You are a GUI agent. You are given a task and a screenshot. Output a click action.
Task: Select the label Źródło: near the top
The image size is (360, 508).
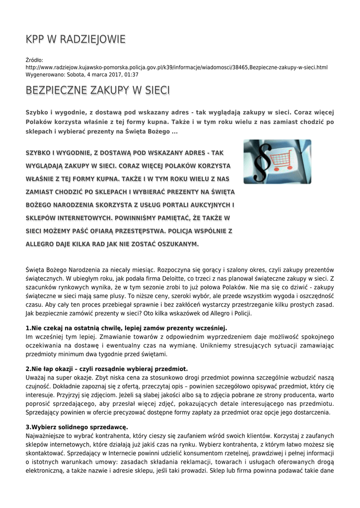[x=34, y=60]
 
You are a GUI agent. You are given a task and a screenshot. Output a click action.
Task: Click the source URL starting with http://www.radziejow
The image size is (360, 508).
[x=176, y=67]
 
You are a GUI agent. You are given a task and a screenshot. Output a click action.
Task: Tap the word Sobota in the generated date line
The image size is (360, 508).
[x=78, y=74]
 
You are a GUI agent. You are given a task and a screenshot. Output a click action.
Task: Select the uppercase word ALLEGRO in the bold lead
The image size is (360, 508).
[x=43, y=244]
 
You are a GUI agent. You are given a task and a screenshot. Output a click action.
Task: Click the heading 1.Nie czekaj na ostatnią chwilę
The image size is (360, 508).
[x=126, y=328]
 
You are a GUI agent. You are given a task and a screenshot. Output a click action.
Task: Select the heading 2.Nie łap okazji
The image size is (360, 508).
[x=106, y=369]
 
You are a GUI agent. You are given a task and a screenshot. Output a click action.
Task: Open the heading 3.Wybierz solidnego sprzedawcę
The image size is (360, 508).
[x=76, y=427]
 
